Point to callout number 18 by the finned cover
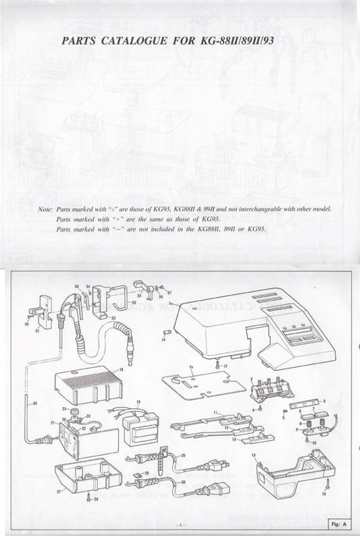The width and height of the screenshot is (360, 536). pos(121,370)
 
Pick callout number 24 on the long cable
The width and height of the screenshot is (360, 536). pos(35,404)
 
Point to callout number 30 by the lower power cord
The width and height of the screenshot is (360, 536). pos(183,481)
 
